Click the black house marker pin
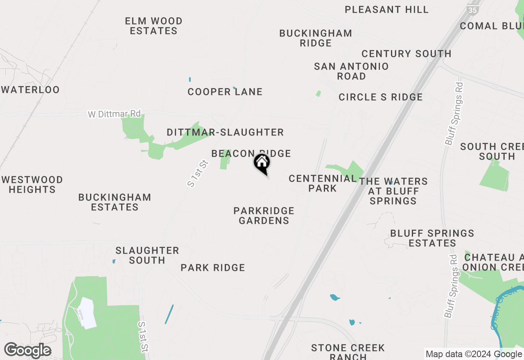click(x=262, y=164)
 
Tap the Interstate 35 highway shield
click(x=473, y=10)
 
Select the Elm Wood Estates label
click(x=154, y=26)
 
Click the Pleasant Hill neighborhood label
click(x=386, y=9)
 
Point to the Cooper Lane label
click(x=225, y=92)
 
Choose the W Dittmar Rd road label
click(x=114, y=114)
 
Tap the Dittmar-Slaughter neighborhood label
click(x=225, y=132)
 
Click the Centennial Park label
click(x=323, y=183)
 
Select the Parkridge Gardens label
click(x=264, y=216)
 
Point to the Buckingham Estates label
click(x=115, y=202)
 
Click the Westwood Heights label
click(x=32, y=184)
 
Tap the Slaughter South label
click(x=147, y=255)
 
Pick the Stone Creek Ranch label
click(x=348, y=352)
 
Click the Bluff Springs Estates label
click(x=432, y=238)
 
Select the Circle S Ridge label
click(x=380, y=97)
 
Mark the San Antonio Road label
click(x=351, y=71)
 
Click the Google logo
click(x=27, y=351)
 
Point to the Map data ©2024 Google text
click(x=474, y=354)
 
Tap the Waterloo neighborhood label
click(x=31, y=90)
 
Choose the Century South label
click(x=406, y=54)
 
